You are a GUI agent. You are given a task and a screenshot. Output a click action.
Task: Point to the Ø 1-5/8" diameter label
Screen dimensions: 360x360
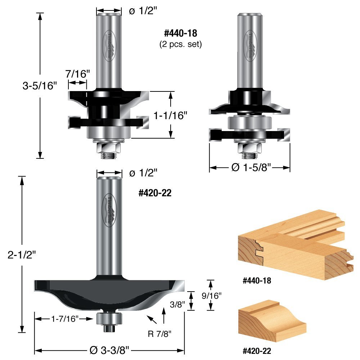coord(250,168)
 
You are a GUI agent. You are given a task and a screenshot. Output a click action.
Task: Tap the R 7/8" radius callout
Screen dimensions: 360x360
coord(160,333)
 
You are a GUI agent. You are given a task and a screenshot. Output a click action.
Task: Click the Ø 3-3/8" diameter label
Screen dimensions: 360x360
coord(109,350)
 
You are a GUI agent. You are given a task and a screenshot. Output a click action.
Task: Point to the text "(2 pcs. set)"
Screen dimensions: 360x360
coord(180,45)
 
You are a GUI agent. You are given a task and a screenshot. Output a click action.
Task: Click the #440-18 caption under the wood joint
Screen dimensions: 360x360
coord(255,281)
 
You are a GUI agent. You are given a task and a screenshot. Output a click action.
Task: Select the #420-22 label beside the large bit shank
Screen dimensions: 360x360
coord(155,193)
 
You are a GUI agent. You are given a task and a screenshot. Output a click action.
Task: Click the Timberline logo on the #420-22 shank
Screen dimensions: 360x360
coord(109,210)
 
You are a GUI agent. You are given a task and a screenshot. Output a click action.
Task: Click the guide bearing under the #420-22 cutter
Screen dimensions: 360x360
coord(109,318)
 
